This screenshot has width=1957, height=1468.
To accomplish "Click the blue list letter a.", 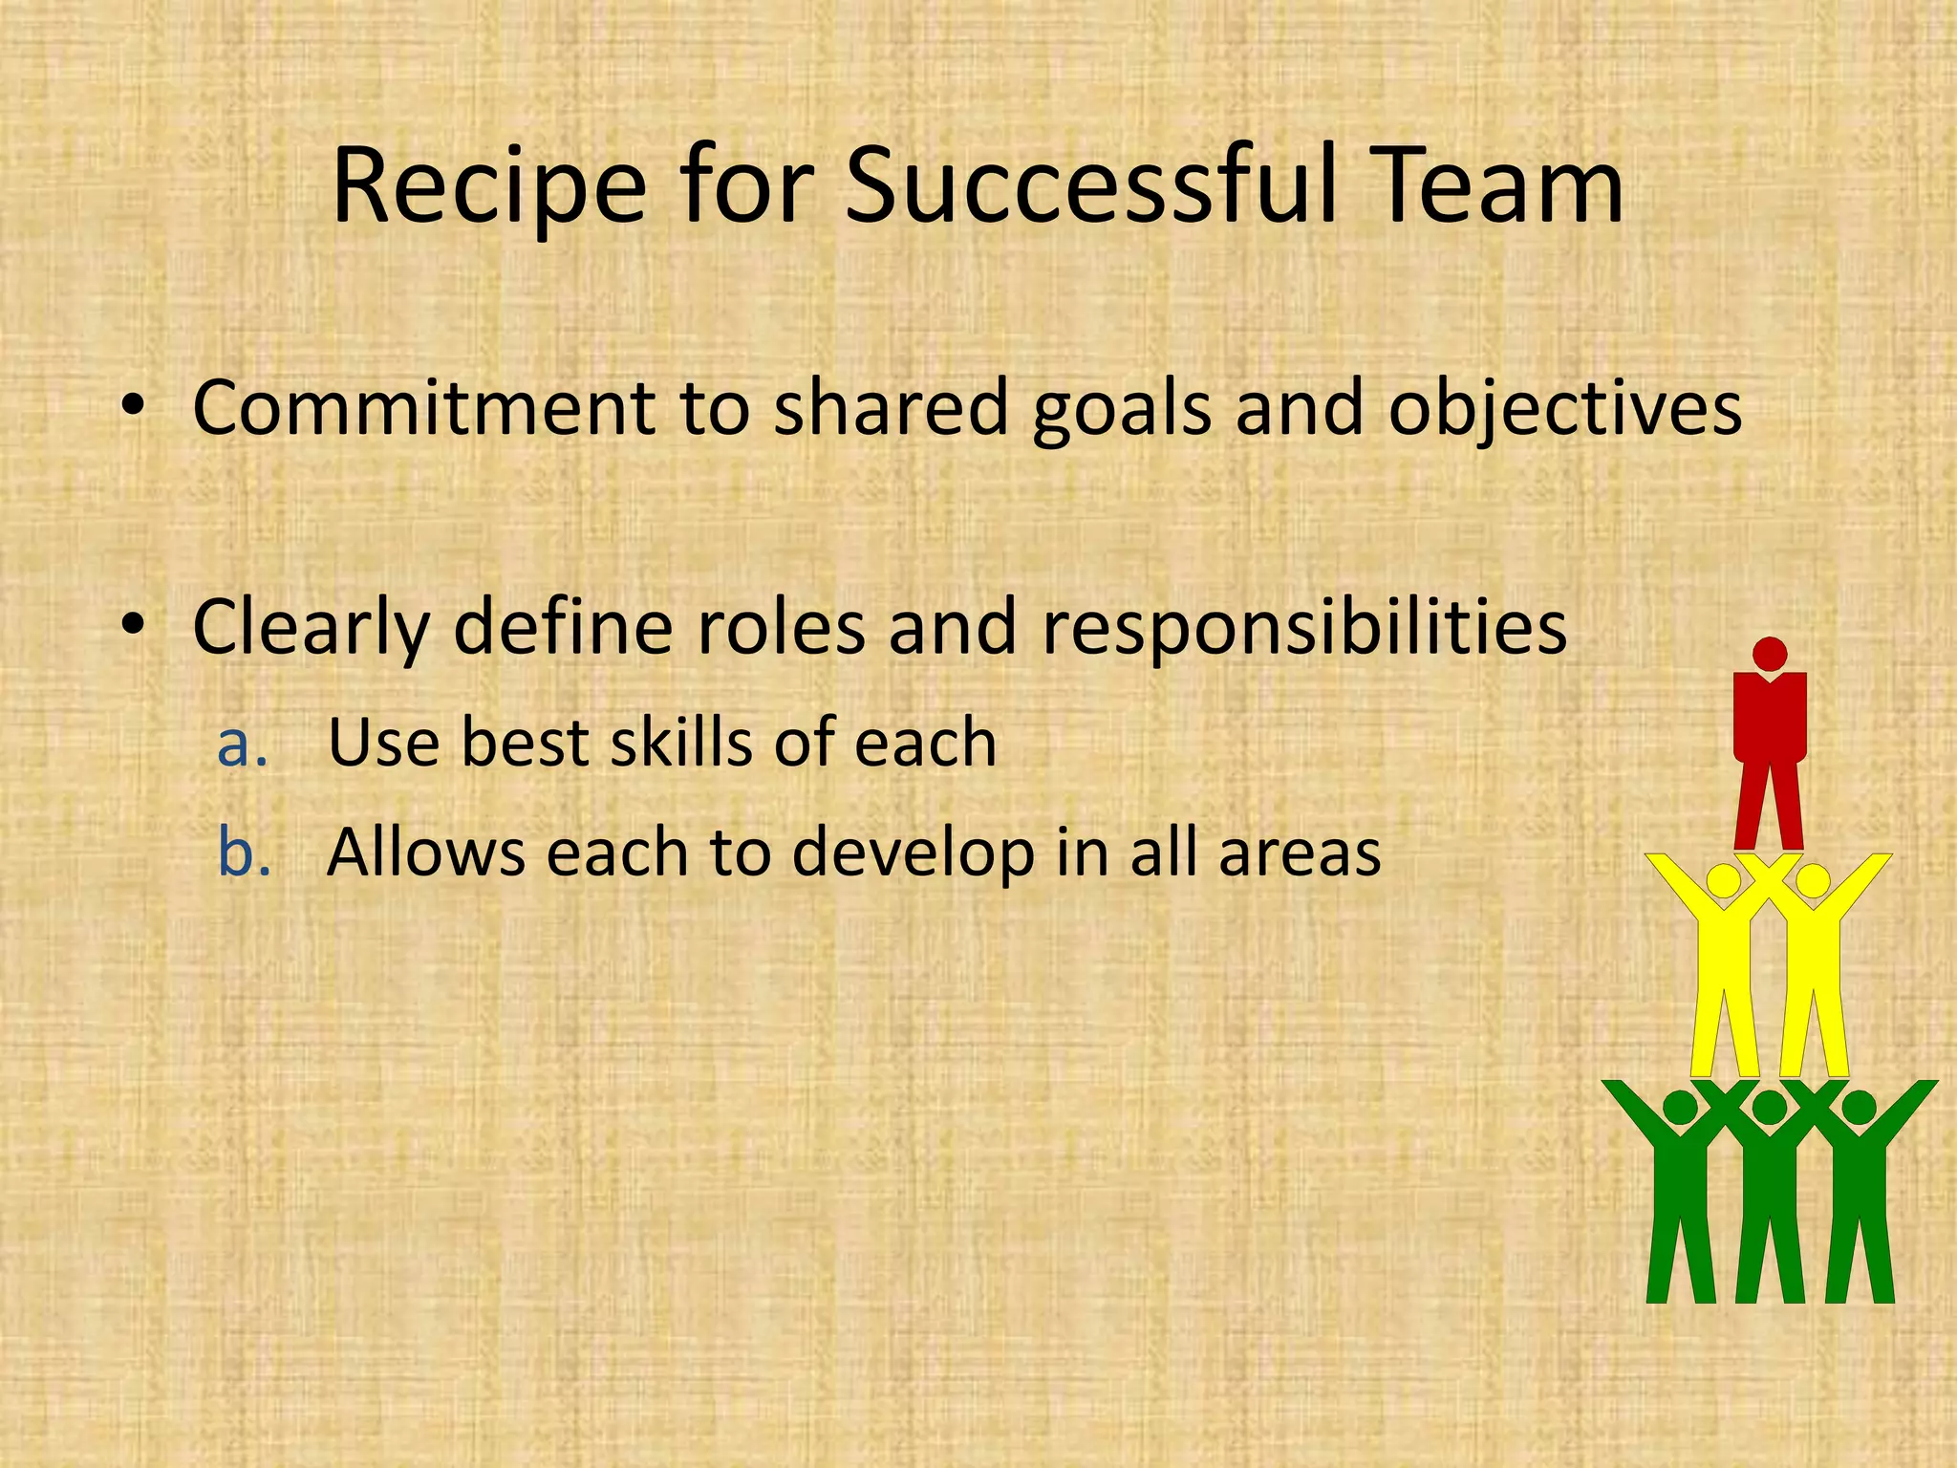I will [x=241, y=745].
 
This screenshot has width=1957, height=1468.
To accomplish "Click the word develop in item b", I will [x=914, y=854].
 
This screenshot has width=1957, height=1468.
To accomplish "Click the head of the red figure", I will [x=1770, y=655].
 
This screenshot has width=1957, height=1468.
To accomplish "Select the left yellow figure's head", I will [x=1723, y=880].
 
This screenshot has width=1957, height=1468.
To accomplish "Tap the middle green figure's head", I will [x=1770, y=1108].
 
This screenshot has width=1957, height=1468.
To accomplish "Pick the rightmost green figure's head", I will [x=1859, y=1108].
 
